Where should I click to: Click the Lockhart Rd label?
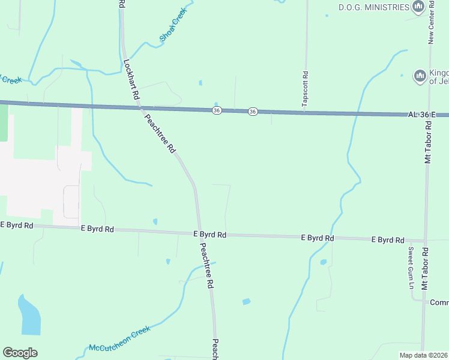pyautogui.click(x=131, y=79)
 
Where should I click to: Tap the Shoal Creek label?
pyautogui.click(x=173, y=25)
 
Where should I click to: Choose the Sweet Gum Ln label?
pyautogui.click(x=411, y=268)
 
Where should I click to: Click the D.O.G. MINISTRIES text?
pyautogui.click(x=373, y=7)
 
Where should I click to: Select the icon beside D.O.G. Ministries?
pyautogui.click(x=418, y=7)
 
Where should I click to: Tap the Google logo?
pyautogui.click(x=20, y=353)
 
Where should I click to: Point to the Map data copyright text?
pyautogui.click(x=424, y=355)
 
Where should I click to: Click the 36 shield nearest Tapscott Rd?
pyautogui.click(x=253, y=112)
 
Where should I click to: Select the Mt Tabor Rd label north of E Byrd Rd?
pyautogui.click(x=428, y=142)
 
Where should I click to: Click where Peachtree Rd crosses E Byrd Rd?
pyautogui.click(x=199, y=233)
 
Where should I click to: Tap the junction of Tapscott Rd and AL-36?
pyautogui.click(x=305, y=112)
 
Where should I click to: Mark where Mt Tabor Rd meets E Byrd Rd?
pyautogui.click(x=425, y=241)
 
